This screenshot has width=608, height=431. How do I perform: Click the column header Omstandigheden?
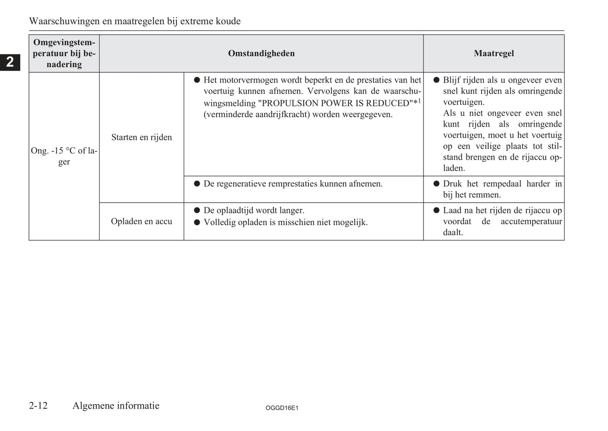pyautogui.click(x=261, y=53)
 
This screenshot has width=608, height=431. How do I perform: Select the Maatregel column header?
pyautogui.click(x=494, y=53)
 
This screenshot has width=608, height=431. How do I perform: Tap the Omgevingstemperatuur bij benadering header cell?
pyautogui.click(x=64, y=53)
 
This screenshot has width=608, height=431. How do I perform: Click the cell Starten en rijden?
pyautogui.click(x=141, y=137)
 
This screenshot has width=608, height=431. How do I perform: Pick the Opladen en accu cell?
pyautogui.click(x=141, y=221)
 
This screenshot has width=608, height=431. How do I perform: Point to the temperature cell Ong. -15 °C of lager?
pyautogui.click(x=64, y=156)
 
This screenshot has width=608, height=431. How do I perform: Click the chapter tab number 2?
pyautogui.click(x=10, y=62)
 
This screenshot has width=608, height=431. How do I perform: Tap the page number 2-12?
pyautogui.click(x=38, y=405)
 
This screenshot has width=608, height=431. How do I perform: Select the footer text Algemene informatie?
pyautogui.click(x=116, y=405)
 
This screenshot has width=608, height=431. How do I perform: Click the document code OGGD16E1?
pyautogui.click(x=282, y=408)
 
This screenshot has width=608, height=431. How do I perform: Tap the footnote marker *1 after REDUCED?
pyautogui.click(x=417, y=102)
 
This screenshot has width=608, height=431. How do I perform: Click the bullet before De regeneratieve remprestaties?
pyautogui.click(x=196, y=184)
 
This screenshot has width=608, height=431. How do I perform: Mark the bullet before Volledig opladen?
pyautogui.click(x=196, y=222)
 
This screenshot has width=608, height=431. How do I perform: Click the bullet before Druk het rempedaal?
pyautogui.click(x=436, y=184)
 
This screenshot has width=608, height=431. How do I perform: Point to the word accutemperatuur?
pyautogui.click(x=531, y=221)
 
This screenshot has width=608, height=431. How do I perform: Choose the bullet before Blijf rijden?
pyautogui.click(x=436, y=80)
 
